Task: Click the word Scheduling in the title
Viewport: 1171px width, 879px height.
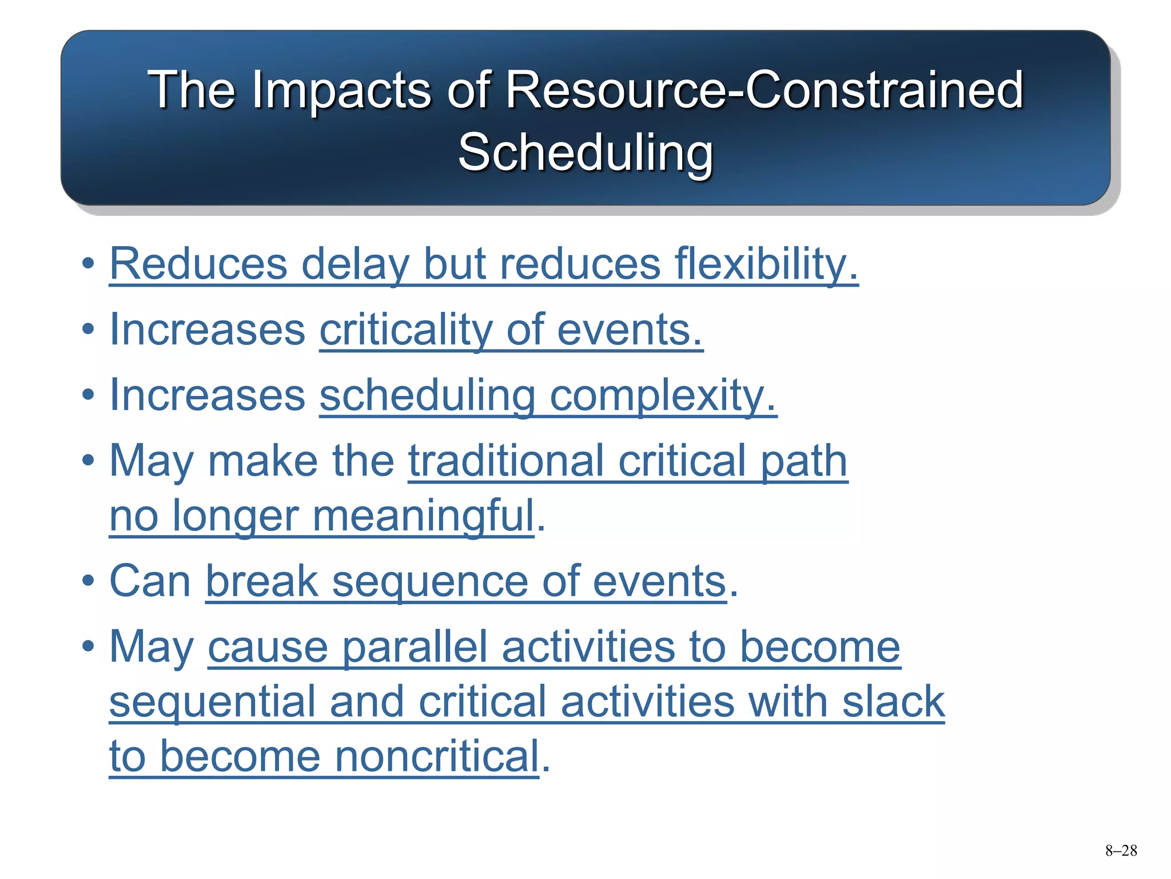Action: pyautogui.click(x=585, y=152)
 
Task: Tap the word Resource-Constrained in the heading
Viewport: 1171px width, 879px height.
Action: pyautogui.click(x=764, y=90)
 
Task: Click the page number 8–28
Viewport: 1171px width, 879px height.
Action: pyautogui.click(x=1121, y=851)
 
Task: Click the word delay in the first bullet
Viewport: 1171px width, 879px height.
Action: pyautogui.click(x=355, y=264)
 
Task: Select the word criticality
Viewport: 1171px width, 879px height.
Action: pyautogui.click(x=405, y=330)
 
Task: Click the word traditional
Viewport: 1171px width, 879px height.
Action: pyautogui.click(x=506, y=461)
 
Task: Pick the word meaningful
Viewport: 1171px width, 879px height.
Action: pyautogui.click(x=423, y=516)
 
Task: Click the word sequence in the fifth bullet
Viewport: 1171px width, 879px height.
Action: pyautogui.click(x=430, y=581)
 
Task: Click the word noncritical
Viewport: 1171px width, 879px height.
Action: pyautogui.click(x=437, y=757)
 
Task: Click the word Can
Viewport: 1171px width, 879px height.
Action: pyautogui.click(x=150, y=581)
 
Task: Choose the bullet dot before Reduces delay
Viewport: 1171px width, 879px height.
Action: pyautogui.click(x=87, y=264)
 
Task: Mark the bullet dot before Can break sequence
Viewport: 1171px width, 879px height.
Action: pyautogui.click(x=87, y=581)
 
